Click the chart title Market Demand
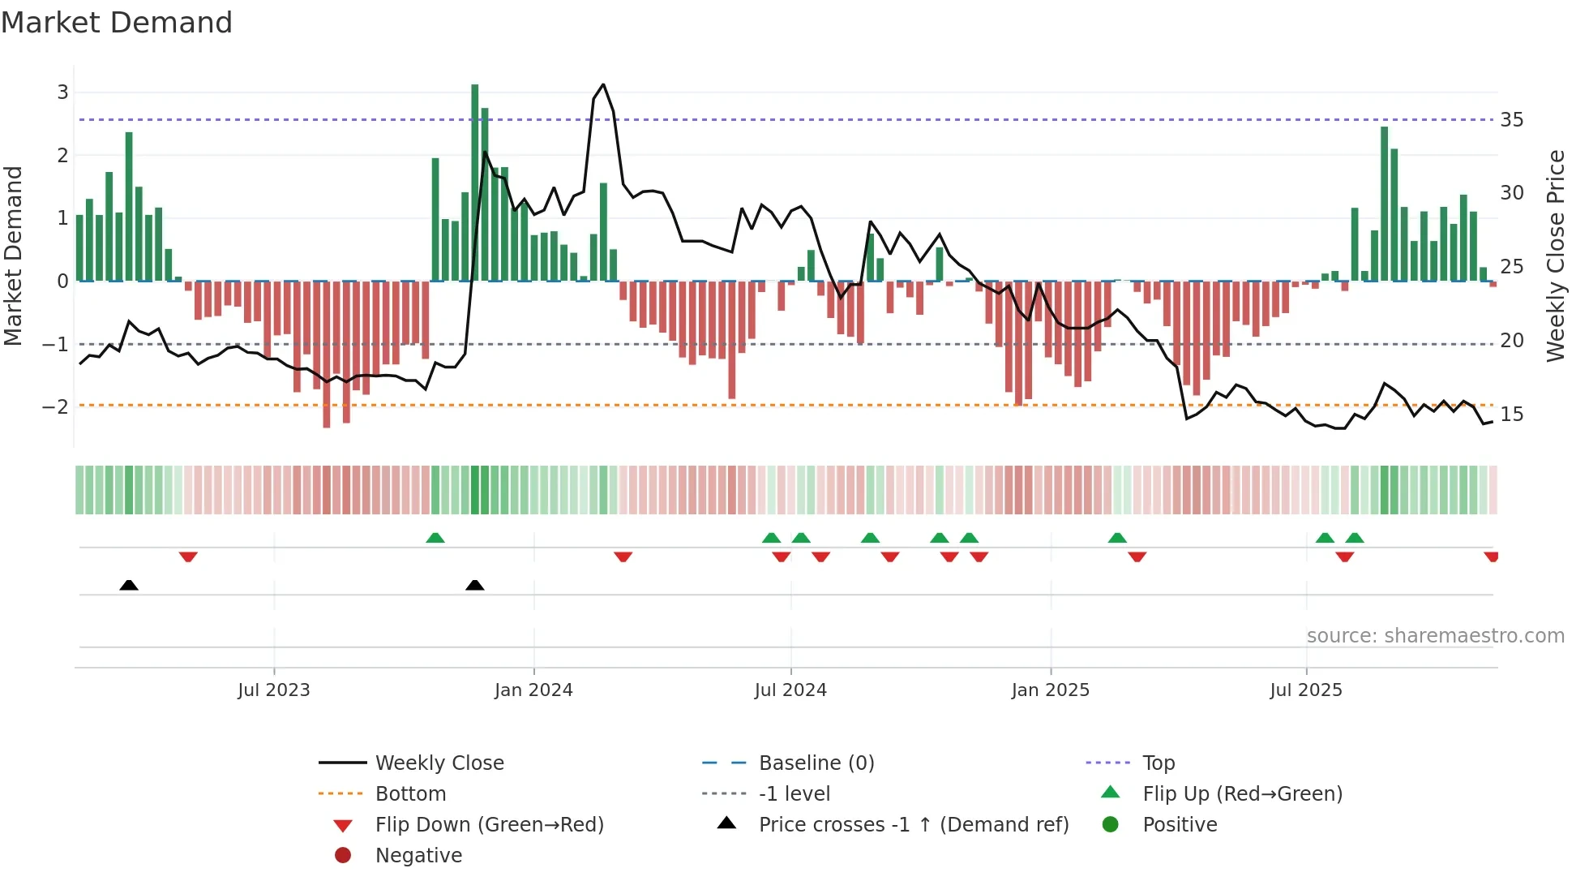(x=117, y=23)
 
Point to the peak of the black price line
(x=603, y=84)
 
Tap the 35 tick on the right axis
(x=1512, y=120)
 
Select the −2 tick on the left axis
(x=56, y=406)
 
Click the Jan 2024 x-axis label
(x=533, y=690)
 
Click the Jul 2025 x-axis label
(x=1306, y=690)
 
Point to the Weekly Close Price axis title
(x=1556, y=256)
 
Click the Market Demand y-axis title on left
(x=14, y=256)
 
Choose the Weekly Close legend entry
(x=439, y=763)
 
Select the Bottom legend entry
(x=410, y=794)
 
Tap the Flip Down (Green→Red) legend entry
(x=489, y=825)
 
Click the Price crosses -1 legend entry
(x=914, y=825)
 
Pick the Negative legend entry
(x=418, y=856)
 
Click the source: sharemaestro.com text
(x=1435, y=636)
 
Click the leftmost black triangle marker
(x=129, y=585)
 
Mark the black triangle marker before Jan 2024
(x=475, y=585)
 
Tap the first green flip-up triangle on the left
(x=435, y=538)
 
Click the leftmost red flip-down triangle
(x=188, y=557)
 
